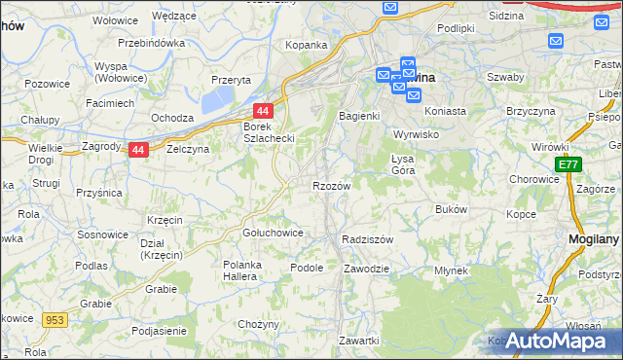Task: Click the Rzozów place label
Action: pyautogui.click(x=331, y=185)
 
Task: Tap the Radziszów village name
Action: pyautogui.click(x=367, y=238)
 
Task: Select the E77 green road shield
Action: pyautogui.click(x=568, y=166)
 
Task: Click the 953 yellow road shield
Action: pyautogui.click(x=54, y=319)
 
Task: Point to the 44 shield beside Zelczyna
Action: pyautogui.click(x=138, y=150)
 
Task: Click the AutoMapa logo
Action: pyautogui.click(x=553, y=341)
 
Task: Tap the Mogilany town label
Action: pyautogui.click(x=595, y=237)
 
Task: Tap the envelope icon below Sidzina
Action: pyautogui.click(x=556, y=41)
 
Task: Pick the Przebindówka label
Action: pyautogui.click(x=152, y=44)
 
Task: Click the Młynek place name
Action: pyautogui.click(x=452, y=270)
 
